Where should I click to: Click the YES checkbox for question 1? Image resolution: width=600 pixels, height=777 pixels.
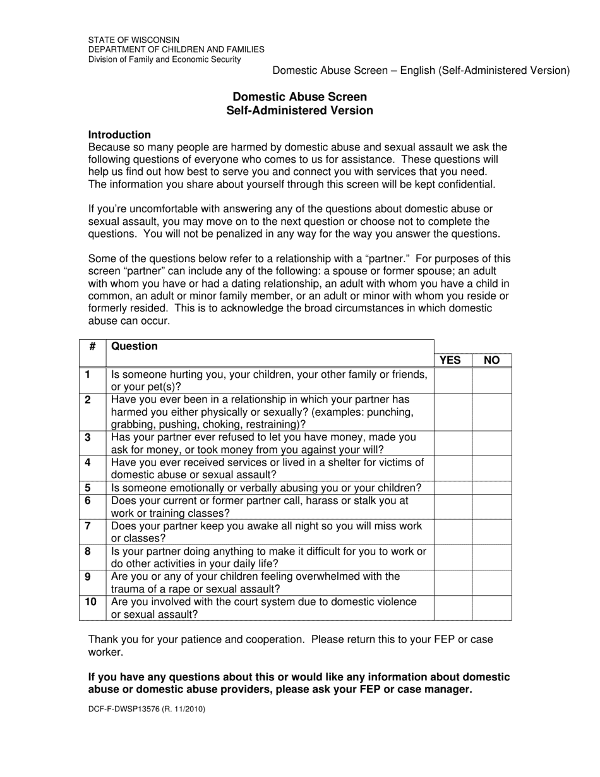point(453,380)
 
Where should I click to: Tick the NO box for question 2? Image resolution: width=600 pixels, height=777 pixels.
point(492,412)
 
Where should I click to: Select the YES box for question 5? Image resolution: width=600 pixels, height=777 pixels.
point(453,488)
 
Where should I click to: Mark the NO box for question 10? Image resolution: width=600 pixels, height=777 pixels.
point(492,608)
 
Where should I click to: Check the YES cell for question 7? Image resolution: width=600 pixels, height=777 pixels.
point(453,532)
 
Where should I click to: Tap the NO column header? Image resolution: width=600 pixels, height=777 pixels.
point(491,360)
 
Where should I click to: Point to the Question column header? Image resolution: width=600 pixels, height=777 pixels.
point(135,346)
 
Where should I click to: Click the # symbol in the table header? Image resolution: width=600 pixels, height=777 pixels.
point(93,346)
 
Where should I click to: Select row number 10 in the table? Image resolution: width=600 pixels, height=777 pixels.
point(90,602)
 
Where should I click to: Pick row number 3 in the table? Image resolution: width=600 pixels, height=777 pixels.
point(88,437)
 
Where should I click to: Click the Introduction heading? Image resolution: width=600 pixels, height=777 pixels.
point(119,135)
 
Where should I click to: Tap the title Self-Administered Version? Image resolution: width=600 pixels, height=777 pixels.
point(299,111)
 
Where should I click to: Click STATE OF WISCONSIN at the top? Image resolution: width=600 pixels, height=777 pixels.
point(133,39)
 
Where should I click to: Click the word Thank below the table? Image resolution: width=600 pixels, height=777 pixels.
point(103,639)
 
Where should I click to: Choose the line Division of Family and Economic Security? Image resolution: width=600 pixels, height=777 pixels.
point(164,59)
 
